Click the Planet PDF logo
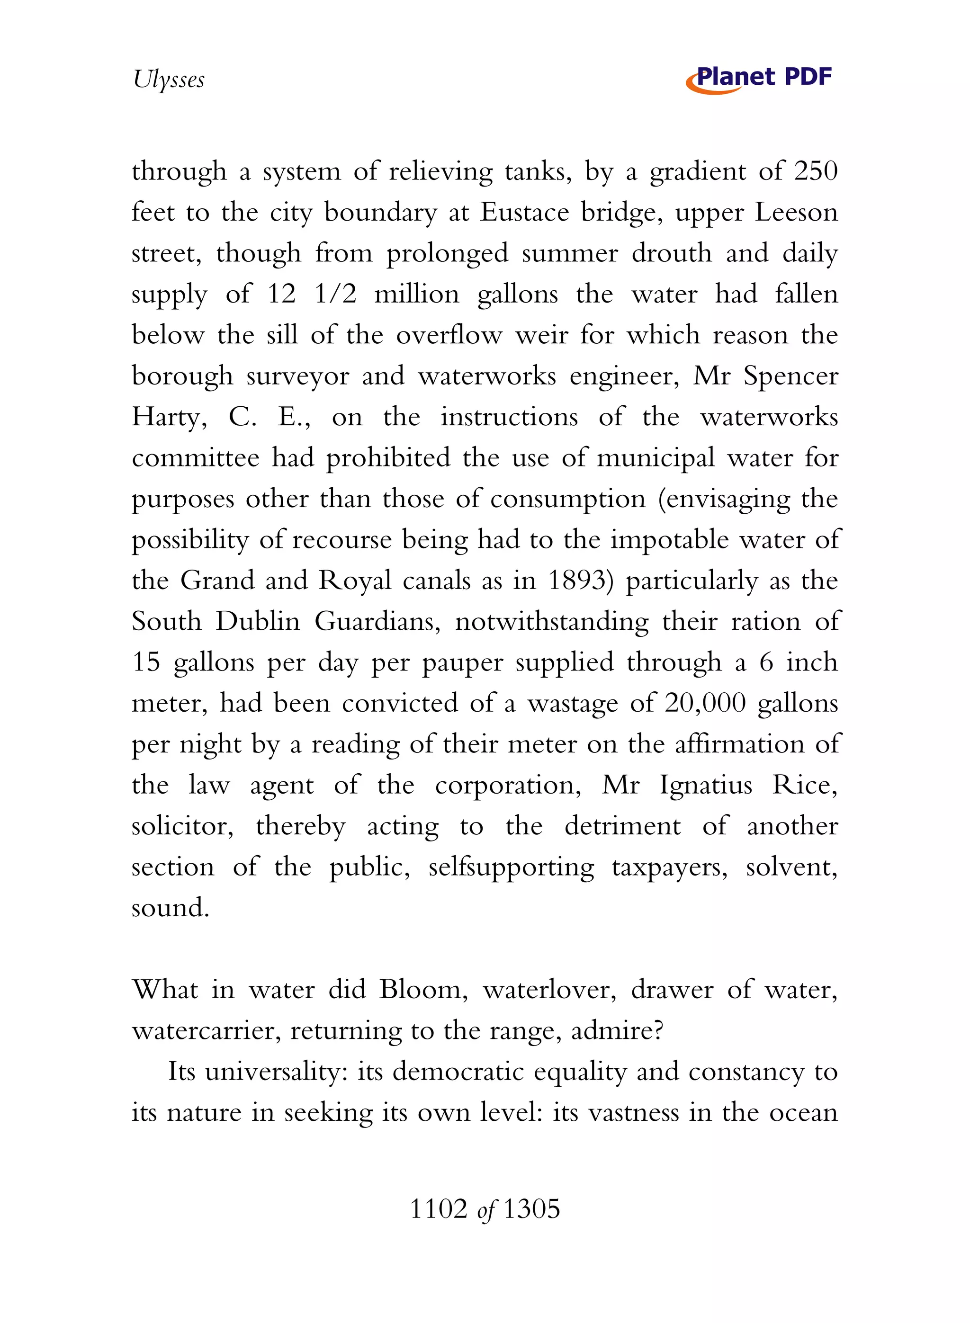pyautogui.click(x=759, y=79)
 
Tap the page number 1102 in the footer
pyautogui.click(x=438, y=1209)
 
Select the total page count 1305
pyautogui.click(x=531, y=1209)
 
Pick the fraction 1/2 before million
pyautogui.click(x=335, y=294)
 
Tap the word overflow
pyautogui.click(x=449, y=335)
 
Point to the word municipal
pyautogui.click(x=656, y=458)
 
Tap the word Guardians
pyautogui.click(x=377, y=622)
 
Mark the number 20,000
pyautogui.click(x=705, y=703)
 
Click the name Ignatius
pyautogui.click(x=705, y=786)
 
